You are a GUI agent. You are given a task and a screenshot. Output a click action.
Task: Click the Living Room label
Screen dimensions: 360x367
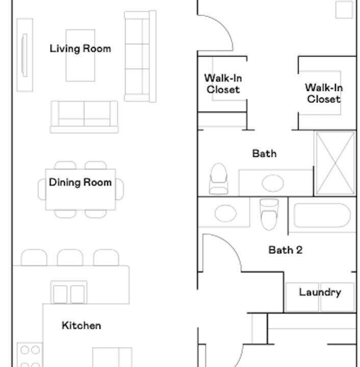(80, 49)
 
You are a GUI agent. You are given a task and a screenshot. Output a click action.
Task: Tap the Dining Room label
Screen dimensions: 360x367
(80, 182)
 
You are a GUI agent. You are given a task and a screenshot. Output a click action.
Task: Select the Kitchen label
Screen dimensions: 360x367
(82, 326)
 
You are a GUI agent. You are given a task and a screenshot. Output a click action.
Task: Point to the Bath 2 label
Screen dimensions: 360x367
(286, 250)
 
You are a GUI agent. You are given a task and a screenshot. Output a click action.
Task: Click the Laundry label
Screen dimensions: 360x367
(320, 293)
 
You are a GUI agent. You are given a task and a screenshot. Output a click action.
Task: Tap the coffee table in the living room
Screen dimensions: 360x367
(80, 56)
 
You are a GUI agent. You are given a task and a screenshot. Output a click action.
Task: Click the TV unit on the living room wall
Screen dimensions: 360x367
(24, 55)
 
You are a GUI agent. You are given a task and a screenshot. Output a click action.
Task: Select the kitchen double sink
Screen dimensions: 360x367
(69, 292)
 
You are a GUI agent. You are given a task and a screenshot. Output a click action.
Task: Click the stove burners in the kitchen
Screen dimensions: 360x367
(30, 355)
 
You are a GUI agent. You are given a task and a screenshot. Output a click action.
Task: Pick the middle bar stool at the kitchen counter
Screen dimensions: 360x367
(70, 257)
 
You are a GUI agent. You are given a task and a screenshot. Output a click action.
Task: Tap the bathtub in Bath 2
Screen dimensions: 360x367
(322, 215)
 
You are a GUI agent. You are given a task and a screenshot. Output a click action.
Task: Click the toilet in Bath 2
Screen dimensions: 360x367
(269, 214)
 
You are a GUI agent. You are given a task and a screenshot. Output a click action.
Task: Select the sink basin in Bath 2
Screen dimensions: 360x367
(226, 213)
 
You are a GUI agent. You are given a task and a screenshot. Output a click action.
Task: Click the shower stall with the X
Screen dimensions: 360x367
(335, 163)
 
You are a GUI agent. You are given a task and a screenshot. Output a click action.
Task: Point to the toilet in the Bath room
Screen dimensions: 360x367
(219, 179)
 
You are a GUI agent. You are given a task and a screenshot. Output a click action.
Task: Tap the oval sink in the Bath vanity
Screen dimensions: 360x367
(273, 183)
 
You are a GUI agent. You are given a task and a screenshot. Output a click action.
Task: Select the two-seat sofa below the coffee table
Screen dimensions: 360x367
(84, 117)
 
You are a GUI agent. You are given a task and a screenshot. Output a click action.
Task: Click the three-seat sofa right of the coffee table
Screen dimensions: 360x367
(140, 56)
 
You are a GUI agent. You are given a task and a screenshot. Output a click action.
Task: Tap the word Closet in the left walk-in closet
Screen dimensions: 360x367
(223, 89)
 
